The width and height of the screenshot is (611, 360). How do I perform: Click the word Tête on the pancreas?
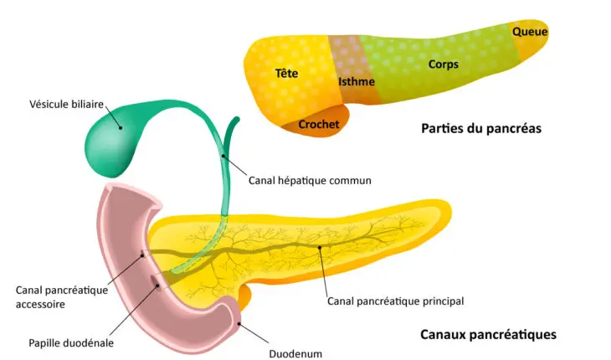click(x=286, y=73)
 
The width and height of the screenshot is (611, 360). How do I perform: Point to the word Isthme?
click(x=356, y=81)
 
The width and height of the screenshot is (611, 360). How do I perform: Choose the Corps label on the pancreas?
click(x=444, y=64)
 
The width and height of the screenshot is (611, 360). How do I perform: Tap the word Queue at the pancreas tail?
click(x=530, y=32)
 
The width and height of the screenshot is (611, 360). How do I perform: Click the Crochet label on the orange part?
click(x=319, y=124)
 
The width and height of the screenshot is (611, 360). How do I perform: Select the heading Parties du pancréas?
click(x=481, y=129)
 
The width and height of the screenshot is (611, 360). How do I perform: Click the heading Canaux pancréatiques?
click(x=488, y=334)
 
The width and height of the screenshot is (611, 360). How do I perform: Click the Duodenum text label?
click(x=295, y=353)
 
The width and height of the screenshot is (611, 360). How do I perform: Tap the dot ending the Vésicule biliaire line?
click(x=121, y=128)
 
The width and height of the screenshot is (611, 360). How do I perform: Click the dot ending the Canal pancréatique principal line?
click(x=319, y=247)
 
